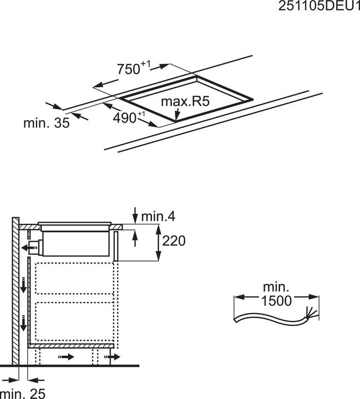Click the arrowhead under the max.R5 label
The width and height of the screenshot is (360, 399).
177,116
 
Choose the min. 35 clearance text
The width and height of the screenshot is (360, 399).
46,123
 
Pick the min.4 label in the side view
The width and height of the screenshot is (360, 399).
160,216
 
